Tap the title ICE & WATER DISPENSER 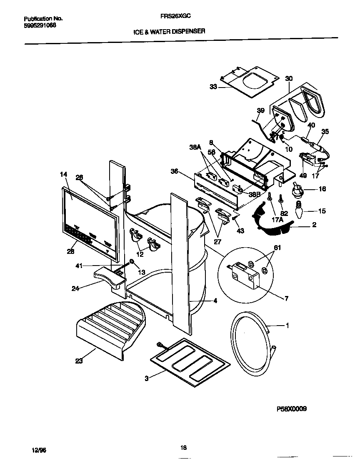click(x=169, y=31)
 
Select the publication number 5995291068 click(x=40, y=25)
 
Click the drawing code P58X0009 click(x=292, y=409)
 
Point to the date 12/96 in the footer click(x=39, y=450)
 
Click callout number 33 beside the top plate click(x=213, y=87)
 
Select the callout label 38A click(x=195, y=147)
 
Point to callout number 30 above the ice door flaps click(x=289, y=78)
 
